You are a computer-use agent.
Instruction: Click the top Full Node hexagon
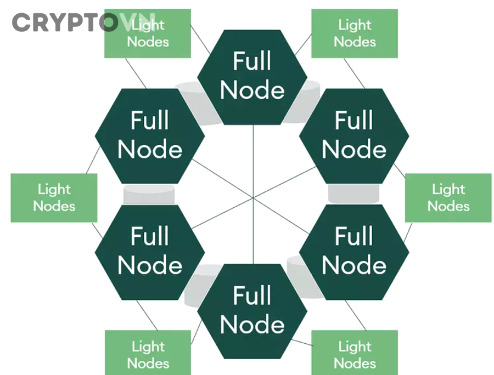(x=252, y=76)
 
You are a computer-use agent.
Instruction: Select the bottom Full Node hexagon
(x=252, y=310)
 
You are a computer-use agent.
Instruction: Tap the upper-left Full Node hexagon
(x=150, y=135)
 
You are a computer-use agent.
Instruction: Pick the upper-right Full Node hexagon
(x=354, y=135)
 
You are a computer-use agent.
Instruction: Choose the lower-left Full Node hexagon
(x=150, y=252)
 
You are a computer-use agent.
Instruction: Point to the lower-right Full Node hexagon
(x=354, y=252)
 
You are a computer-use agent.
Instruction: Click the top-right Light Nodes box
(x=355, y=33)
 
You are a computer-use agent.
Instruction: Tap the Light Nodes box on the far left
(x=54, y=198)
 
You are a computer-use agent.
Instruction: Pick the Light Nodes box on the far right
(x=448, y=198)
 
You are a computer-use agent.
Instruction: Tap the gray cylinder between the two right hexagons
(x=354, y=194)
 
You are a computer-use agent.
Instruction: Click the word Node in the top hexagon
(x=252, y=90)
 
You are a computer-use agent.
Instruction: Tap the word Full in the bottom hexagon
(x=252, y=296)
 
